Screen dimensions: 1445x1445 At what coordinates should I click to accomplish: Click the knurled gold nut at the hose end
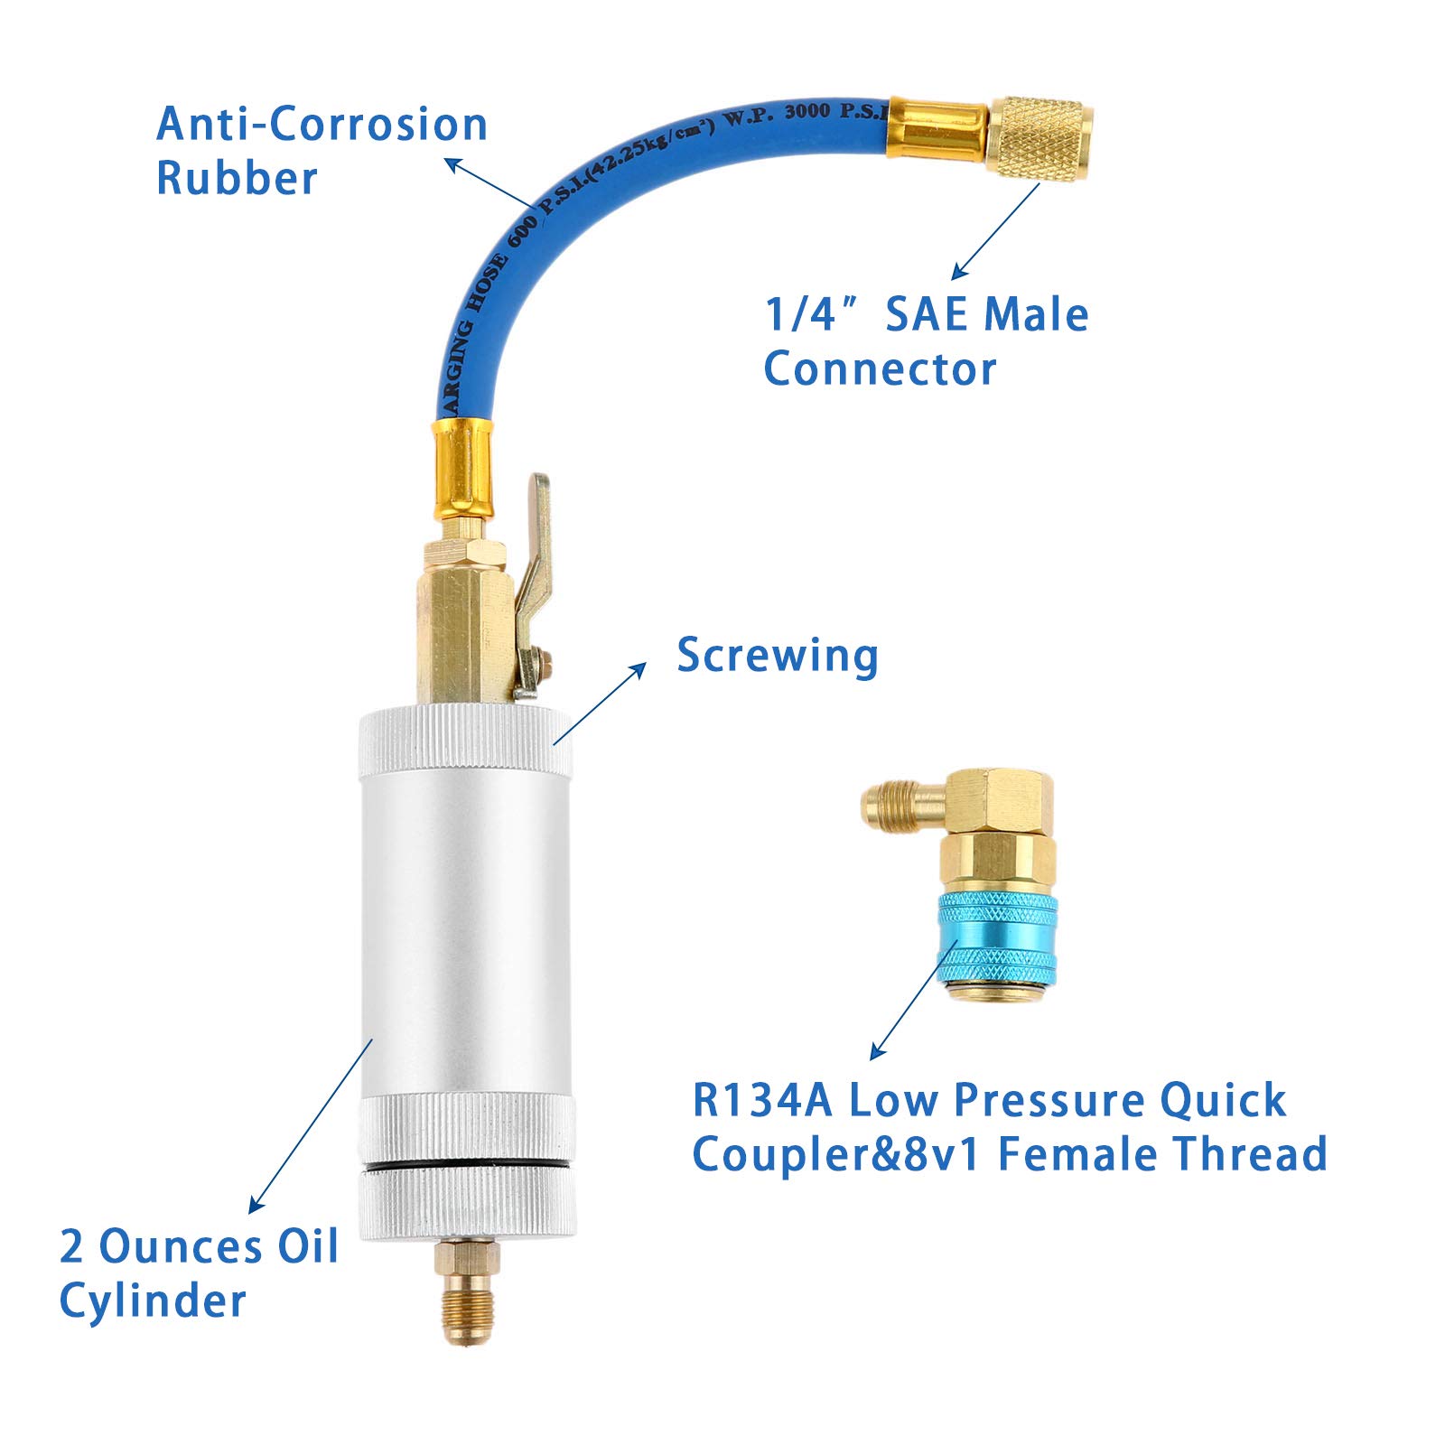pos(1039,139)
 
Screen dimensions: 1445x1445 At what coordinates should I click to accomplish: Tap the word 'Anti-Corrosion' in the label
pos(322,125)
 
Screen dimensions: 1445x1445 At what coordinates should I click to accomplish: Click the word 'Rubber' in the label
pos(237,178)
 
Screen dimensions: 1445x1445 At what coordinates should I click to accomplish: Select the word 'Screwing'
pos(777,656)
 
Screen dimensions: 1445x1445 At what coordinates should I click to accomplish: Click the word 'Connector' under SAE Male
pos(880,368)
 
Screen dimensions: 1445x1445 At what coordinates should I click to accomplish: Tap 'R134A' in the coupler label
pos(762,1101)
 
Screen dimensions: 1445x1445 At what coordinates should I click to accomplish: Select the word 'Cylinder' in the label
pos(152,1301)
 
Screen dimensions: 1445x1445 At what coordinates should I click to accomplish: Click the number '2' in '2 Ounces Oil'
pos(72,1247)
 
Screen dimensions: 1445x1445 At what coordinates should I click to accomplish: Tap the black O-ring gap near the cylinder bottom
pos(466,1166)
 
